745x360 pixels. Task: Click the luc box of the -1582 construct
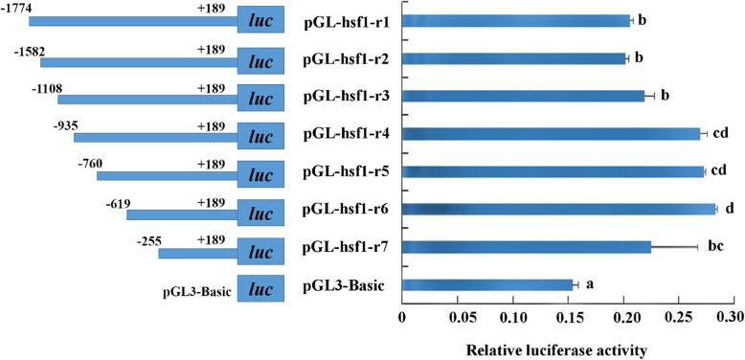click(260, 59)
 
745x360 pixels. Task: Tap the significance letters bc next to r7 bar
click(715, 246)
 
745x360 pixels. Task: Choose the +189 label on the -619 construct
click(211, 202)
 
